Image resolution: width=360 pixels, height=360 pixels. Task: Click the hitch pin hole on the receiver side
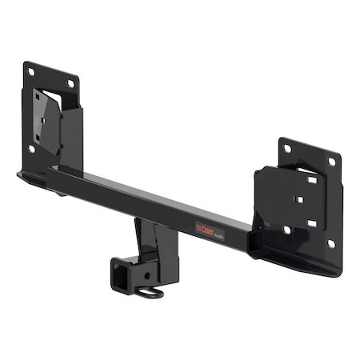tap(146, 275)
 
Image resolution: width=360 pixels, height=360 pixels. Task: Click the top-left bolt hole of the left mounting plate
tap(30, 72)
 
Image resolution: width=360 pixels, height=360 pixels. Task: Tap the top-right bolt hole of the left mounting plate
tap(70, 83)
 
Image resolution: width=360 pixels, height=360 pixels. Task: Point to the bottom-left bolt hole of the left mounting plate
tap(32, 149)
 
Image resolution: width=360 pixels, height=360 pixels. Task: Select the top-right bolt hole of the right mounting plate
tap(332, 162)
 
